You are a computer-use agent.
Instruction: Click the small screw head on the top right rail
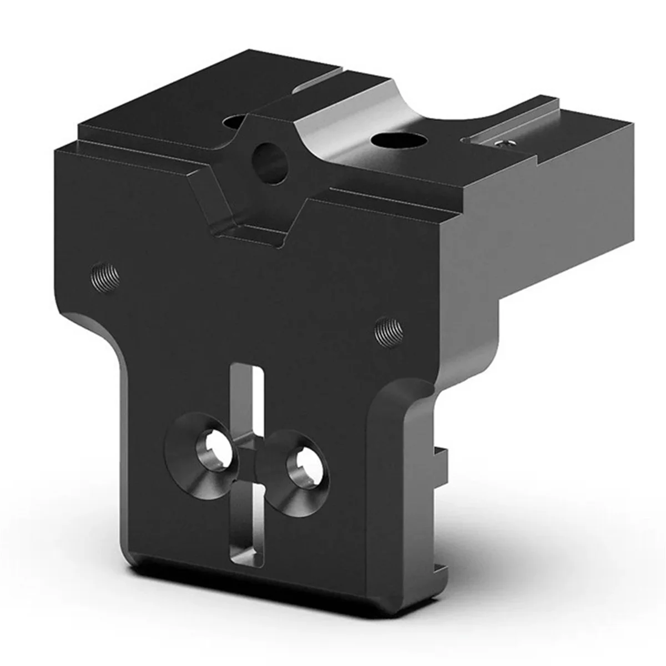coord(501,144)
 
